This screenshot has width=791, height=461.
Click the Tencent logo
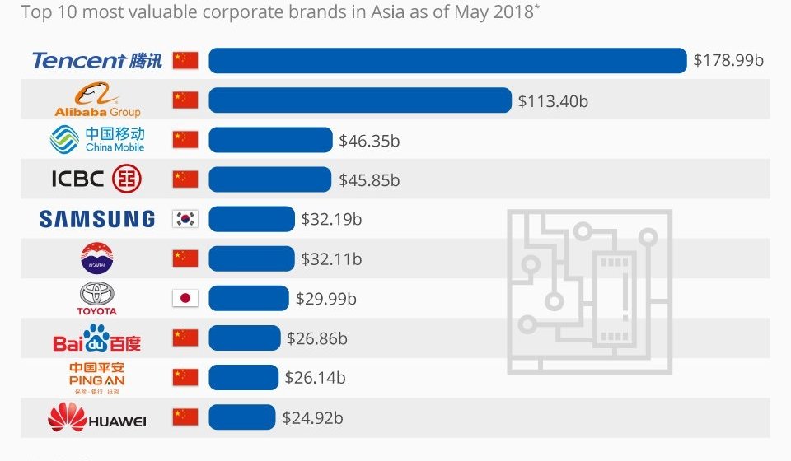(96, 61)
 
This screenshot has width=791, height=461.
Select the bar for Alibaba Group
(360, 100)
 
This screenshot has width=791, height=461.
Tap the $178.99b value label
(728, 61)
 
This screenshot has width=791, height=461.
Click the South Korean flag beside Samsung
(185, 219)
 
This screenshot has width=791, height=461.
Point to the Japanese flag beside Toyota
(185, 298)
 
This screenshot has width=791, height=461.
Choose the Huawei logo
(96, 418)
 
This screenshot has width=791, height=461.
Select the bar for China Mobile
(270, 140)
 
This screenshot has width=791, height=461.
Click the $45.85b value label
(369, 179)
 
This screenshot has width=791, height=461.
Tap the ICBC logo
(96, 179)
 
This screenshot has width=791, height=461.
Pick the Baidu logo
(96, 338)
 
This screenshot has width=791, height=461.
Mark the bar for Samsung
(251, 219)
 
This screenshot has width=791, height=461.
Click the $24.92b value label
(312, 417)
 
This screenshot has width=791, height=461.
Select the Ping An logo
(96, 377)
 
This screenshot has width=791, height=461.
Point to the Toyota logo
(96, 299)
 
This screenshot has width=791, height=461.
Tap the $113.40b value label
(553, 100)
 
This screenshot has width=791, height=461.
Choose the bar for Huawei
(242, 417)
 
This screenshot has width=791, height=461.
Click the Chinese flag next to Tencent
(185, 61)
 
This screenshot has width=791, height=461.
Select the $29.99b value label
(326, 298)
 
